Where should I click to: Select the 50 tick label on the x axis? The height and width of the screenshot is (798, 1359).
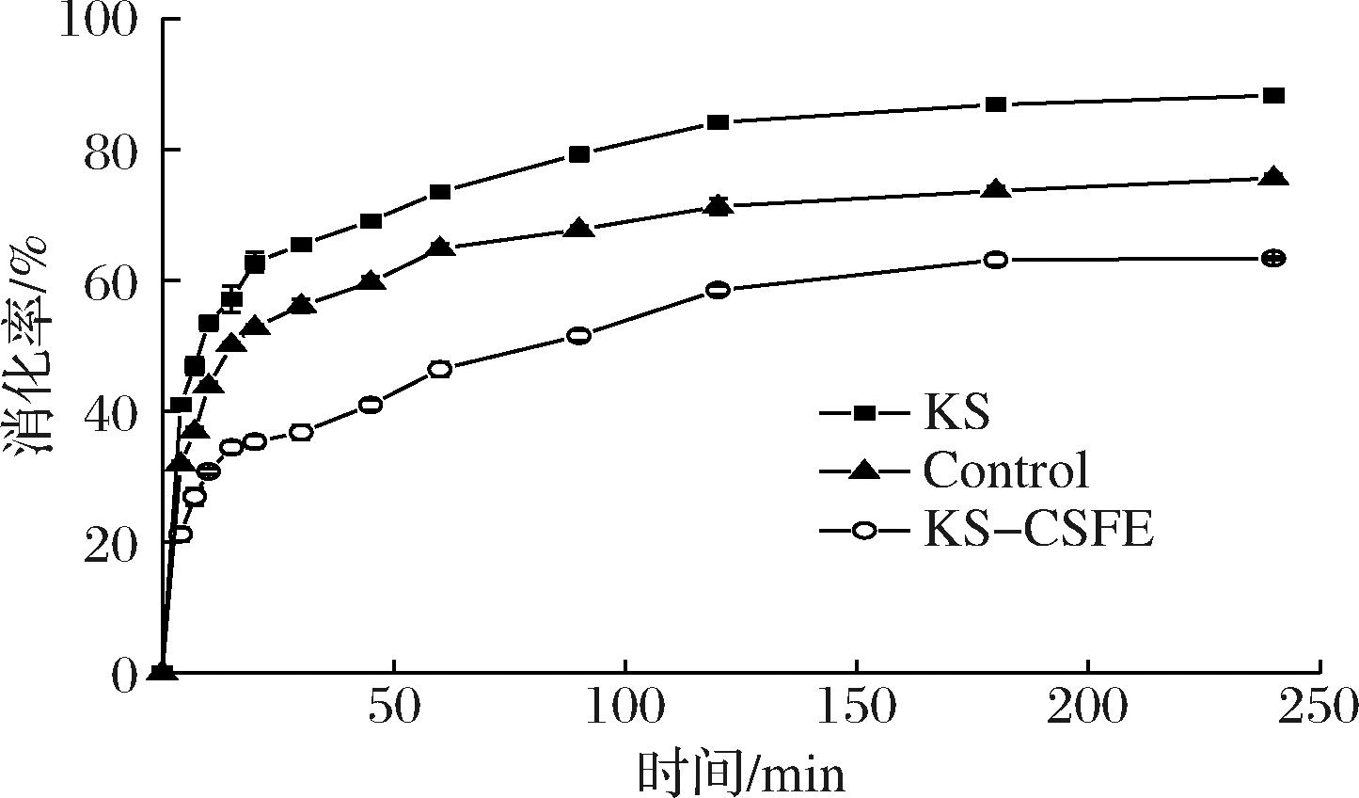[394, 707]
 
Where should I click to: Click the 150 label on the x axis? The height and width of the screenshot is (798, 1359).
[857, 707]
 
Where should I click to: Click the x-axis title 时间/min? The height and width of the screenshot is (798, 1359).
[741, 774]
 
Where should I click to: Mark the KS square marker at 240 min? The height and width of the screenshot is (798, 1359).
[1273, 96]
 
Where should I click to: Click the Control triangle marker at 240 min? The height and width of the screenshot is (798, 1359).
[1273, 177]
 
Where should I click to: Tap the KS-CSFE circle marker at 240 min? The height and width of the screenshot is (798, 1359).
[1273, 258]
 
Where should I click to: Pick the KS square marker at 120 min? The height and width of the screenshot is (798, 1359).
[718, 122]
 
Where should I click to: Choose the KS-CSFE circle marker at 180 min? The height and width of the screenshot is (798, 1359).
[996, 260]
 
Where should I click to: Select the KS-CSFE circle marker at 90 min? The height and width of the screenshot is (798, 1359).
[579, 335]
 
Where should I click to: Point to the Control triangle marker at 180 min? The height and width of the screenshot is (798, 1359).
[996, 189]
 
